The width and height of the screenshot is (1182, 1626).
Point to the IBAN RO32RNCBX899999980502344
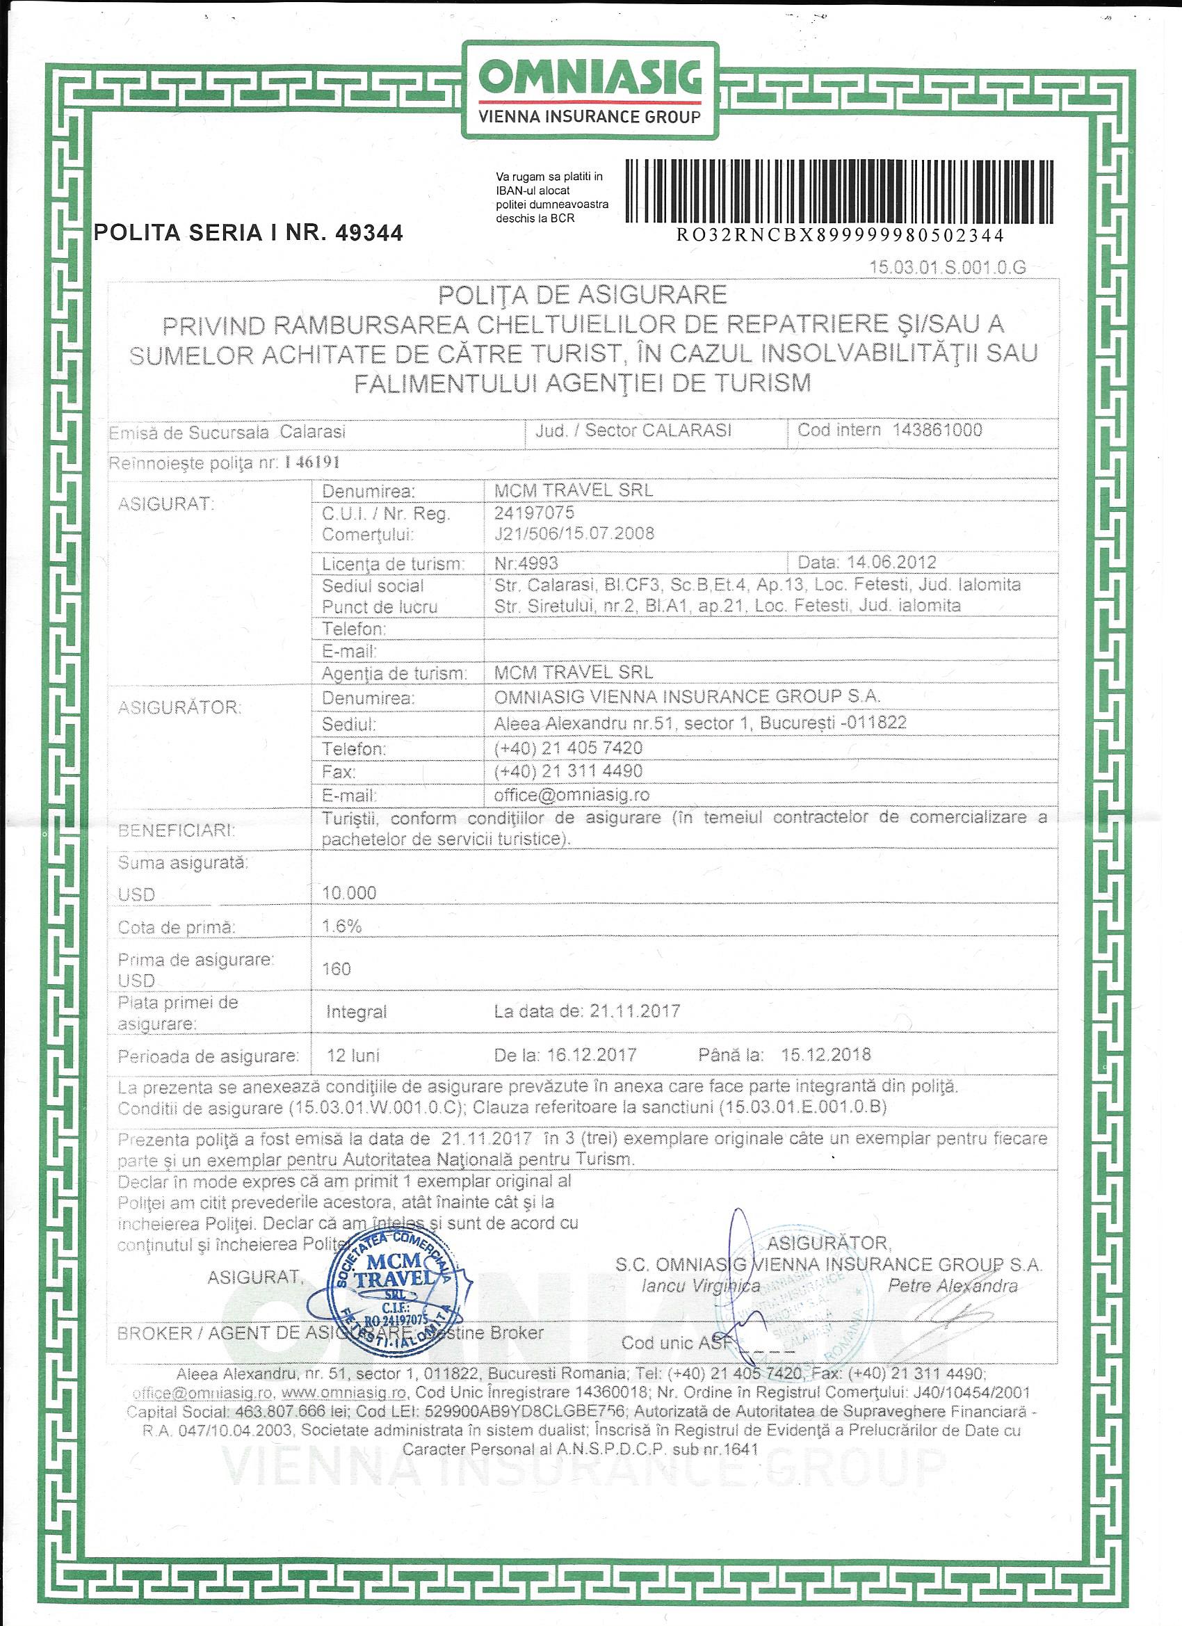click(840, 236)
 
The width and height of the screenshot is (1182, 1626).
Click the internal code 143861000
click(937, 430)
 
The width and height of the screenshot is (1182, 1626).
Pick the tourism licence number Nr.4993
click(526, 563)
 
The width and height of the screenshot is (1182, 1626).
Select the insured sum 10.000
click(349, 892)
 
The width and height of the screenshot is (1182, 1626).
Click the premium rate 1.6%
click(342, 926)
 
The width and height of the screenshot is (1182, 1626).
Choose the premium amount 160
click(337, 969)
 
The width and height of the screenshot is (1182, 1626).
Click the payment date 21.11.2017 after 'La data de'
click(635, 1012)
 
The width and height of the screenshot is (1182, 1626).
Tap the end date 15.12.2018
click(826, 1054)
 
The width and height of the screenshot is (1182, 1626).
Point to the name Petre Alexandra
click(953, 1285)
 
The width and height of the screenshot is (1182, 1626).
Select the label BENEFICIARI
click(177, 831)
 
